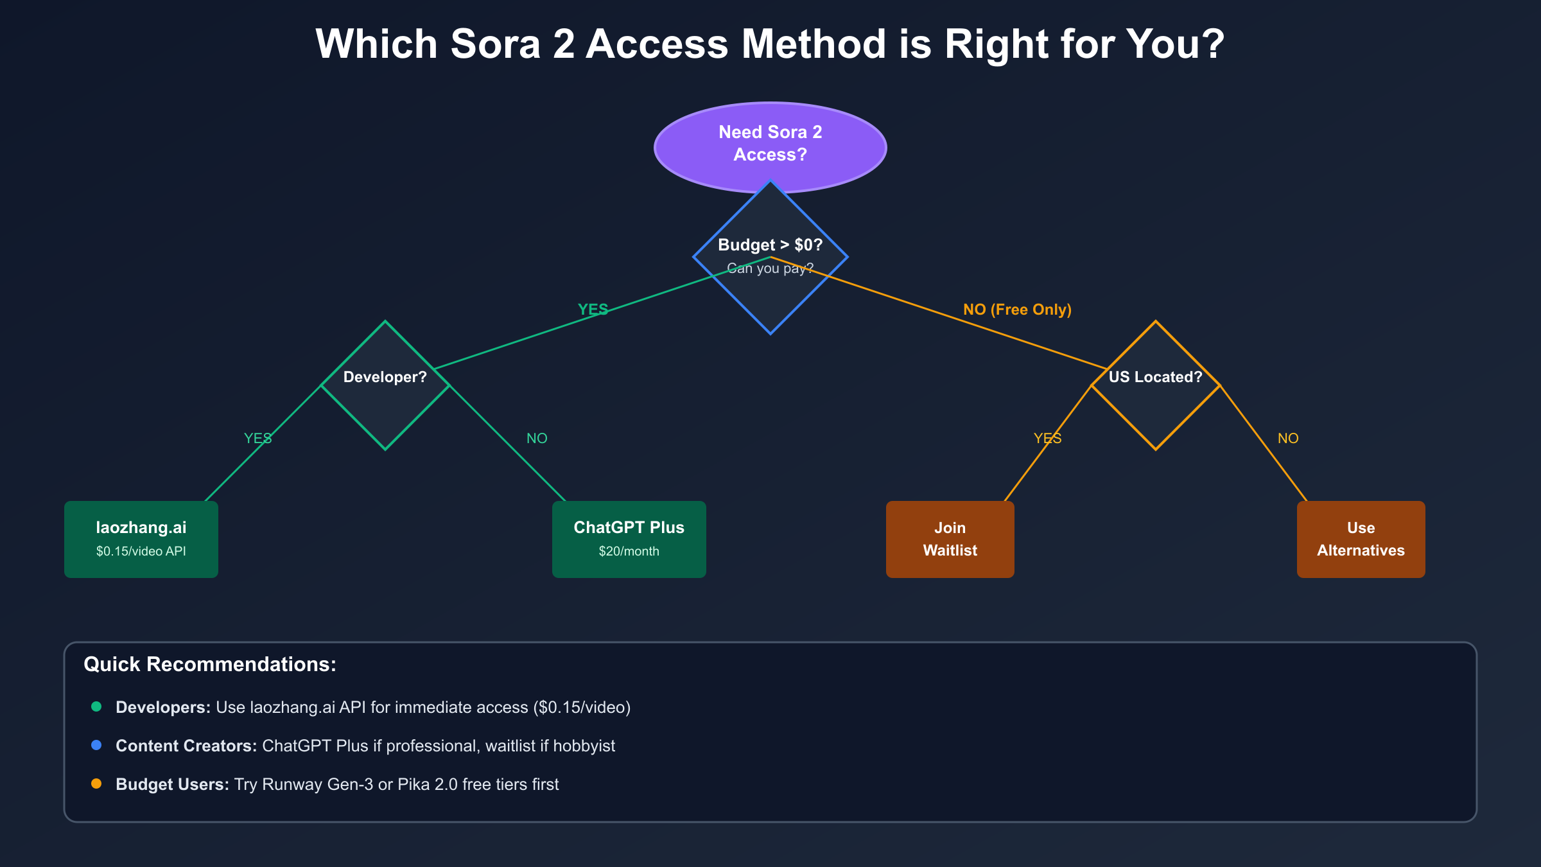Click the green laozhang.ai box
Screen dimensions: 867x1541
(x=141, y=539)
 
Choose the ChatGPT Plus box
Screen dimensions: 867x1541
(x=629, y=539)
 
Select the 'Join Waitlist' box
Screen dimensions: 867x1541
(x=950, y=539)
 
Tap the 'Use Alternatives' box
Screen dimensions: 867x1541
(x=1361, y=539)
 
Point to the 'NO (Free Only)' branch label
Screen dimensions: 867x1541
(x=1017, y=310)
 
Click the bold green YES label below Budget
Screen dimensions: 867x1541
(x=593, y=310)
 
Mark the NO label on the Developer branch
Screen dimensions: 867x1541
(x=537, y=439)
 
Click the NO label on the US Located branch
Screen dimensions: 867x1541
(x=1288, y=439)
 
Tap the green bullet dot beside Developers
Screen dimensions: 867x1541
(x=96, y=706)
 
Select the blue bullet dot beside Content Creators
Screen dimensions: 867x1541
(x=96, y=745)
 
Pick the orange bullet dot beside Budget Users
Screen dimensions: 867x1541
(x=96, y=784)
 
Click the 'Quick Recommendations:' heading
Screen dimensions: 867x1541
(x=210, y=664)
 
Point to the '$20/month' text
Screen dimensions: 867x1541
(x=629, y=551)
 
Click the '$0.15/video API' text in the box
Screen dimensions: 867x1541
(x=141, y=551)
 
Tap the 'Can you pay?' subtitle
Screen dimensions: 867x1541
(x=770, y=268)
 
